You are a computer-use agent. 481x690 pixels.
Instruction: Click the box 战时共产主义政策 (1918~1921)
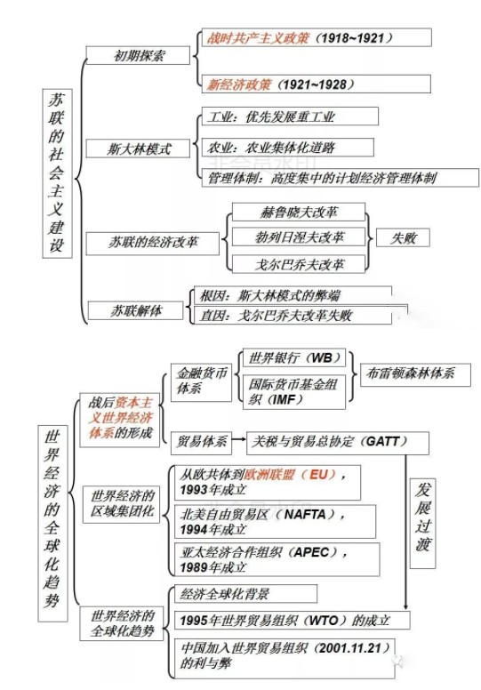tap(317, 37)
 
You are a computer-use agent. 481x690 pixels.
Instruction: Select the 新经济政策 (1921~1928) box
tap(316, 84)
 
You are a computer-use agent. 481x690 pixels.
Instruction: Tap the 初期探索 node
tap(138, 55)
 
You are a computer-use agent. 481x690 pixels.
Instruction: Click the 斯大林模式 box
tap(138, 148)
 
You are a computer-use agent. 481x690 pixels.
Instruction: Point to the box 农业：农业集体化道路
tap(288, 148)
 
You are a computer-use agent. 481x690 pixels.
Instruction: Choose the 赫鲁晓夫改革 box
tap(299, 213)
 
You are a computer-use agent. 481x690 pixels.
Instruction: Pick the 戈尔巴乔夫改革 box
tap(299, 264)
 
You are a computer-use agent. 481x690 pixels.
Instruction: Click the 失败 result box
tap(403, 238)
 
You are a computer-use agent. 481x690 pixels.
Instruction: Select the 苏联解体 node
tap(135, 310)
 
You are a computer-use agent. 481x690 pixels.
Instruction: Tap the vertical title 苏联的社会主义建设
tap(57, 172)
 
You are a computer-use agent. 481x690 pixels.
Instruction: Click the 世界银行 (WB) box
tap(294, 357)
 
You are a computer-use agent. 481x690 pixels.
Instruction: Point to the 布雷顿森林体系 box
tap(415, 375)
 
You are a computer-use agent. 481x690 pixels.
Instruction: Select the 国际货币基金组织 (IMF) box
tap(294, 391)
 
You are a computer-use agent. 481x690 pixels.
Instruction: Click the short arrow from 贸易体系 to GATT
tap(238, 439)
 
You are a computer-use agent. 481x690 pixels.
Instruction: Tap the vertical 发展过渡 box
tap(422, 523)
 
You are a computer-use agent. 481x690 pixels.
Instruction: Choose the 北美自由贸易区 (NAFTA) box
tap(275, 521)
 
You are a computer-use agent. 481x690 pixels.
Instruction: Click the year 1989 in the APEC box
tap(194, 567)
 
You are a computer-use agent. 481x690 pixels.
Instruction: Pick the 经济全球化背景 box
tap(245, 594)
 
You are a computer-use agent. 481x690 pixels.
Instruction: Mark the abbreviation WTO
tap(324, 621)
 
